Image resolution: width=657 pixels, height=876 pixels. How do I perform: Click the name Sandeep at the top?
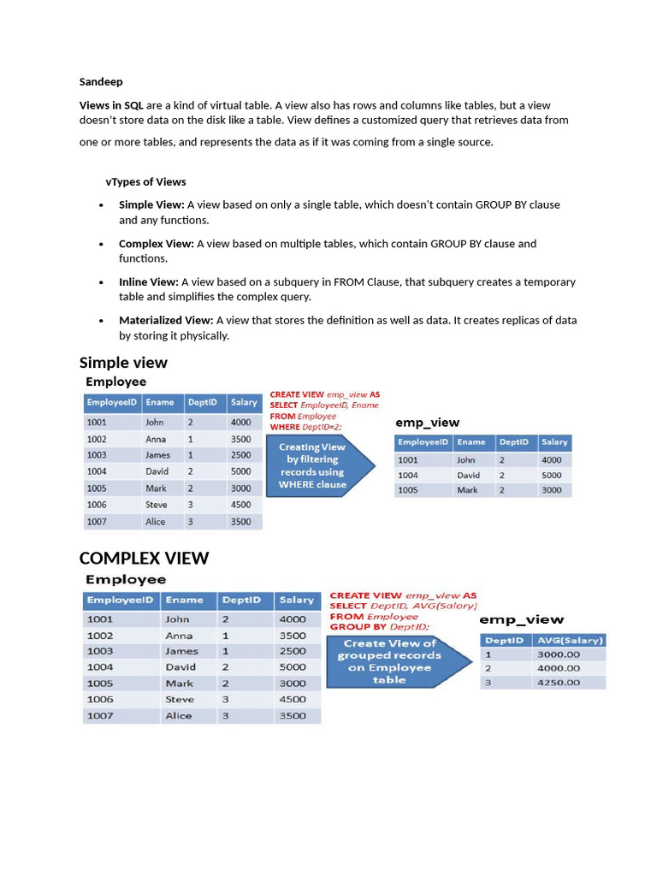[101, 82]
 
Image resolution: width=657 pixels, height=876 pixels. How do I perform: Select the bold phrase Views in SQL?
[111, 105]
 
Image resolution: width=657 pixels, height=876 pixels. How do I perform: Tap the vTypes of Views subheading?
[145, 182]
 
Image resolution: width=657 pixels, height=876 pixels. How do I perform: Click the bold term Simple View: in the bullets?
[151, 205]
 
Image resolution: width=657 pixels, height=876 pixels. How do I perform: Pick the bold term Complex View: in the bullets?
[157, 244]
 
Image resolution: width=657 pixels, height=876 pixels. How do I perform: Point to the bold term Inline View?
[149, 282]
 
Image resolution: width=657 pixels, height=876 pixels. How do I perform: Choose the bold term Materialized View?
[166, 321]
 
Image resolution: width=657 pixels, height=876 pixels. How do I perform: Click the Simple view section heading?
[123, 363]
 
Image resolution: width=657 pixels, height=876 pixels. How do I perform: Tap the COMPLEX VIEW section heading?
[144, 559]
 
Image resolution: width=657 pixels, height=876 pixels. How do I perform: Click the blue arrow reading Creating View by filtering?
[317, 466]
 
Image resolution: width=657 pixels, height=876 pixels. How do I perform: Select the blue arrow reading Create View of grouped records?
[394, 661]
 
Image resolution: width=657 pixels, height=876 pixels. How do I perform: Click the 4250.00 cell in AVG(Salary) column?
[558, 683]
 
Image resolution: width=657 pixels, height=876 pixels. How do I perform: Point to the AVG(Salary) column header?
[570, 641]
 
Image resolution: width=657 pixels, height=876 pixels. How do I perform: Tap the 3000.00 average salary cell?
[558, 654]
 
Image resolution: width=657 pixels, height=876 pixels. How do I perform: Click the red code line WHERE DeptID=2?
[306, 427]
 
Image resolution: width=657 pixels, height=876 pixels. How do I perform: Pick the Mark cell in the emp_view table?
[467, 490]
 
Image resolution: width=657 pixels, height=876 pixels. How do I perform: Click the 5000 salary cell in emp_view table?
[552, 475]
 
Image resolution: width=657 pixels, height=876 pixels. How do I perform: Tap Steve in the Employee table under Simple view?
[157, 505]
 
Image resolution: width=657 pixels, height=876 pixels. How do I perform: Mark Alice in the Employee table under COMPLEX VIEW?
[179, 716]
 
